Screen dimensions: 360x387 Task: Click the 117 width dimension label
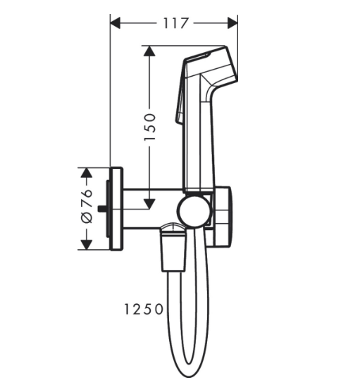(175, 23)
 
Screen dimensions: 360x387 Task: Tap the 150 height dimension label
(150, 127)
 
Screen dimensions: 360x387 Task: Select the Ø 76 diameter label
(87, 206)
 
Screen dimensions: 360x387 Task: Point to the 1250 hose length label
(143, 309)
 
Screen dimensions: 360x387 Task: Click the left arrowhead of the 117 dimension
(115, 23)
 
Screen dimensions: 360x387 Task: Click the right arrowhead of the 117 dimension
(232, 23)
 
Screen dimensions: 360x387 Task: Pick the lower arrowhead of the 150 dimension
(149, 204)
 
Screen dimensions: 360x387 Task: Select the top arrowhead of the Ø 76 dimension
(86, 173)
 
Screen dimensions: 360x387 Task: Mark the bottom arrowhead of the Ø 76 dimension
(86, 245)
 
